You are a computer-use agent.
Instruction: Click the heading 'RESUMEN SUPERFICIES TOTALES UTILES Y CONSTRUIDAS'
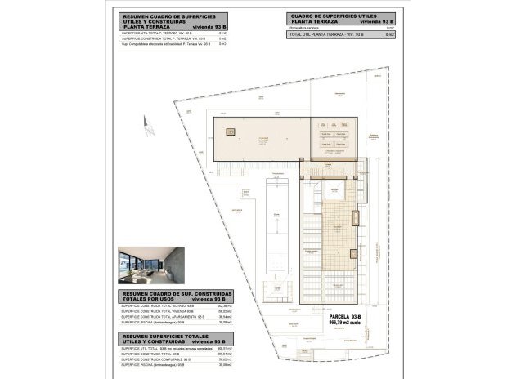tap(176, 338)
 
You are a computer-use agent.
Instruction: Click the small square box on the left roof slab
tap(231, 132)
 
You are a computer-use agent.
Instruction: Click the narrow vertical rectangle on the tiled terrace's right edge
tap(354, 218)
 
